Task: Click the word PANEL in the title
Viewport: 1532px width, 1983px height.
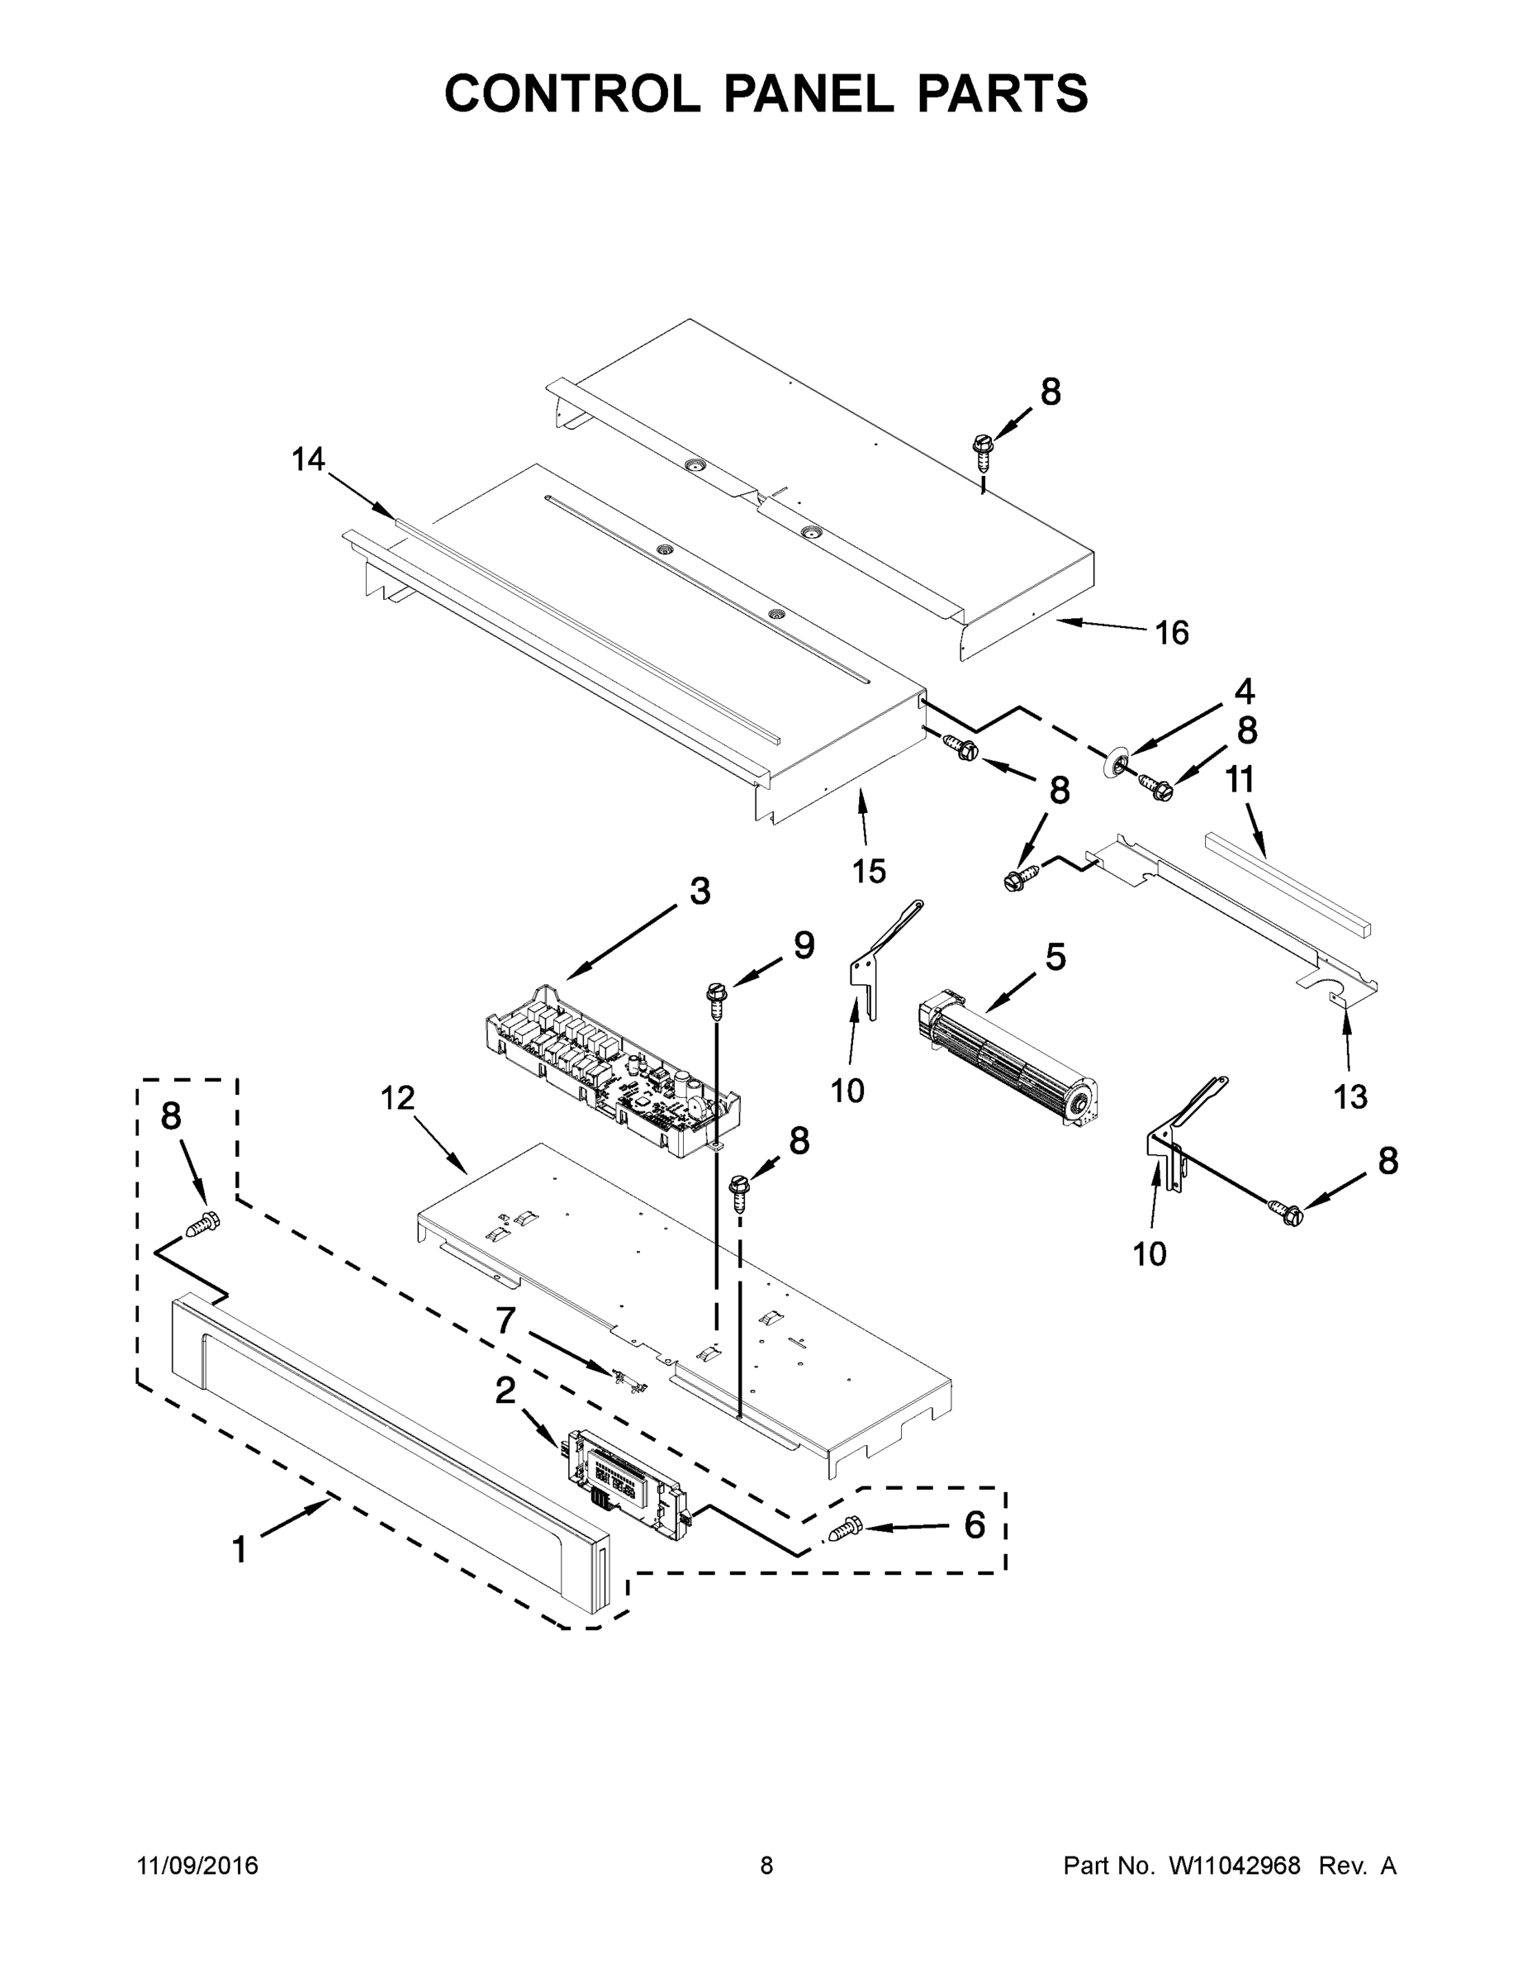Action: coord(808,93)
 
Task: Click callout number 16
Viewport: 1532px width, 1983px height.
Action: coord(1171,633)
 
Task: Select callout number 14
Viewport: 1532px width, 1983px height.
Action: coord(308,459)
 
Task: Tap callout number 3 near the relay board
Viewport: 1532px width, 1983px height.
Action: coord(699,892)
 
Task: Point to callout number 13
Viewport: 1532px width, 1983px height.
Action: coord(1349,1096)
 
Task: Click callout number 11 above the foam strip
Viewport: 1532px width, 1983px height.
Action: coord(1240,779)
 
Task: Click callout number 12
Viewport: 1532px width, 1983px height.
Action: coord(396,1098)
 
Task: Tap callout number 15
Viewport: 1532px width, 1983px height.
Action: coord(868,871)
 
